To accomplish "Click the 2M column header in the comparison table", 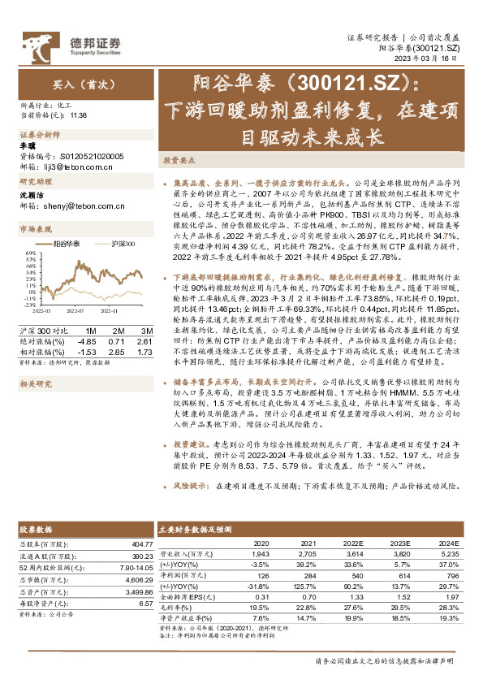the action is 119,331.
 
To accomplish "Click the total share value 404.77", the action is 140,543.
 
